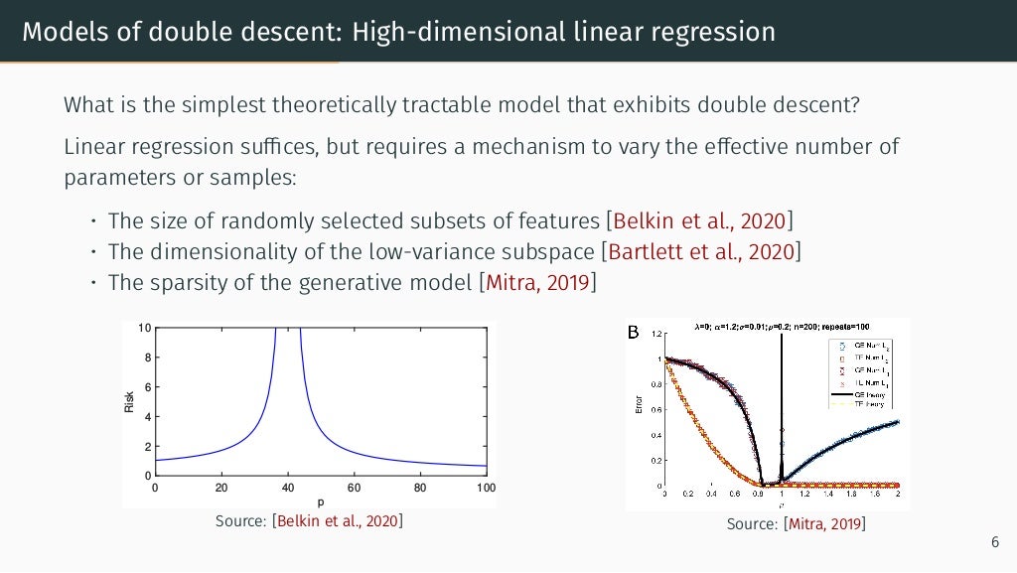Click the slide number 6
(x=995, y=542)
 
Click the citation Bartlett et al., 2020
(x=703, y=251)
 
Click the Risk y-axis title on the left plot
(x=129, y=401)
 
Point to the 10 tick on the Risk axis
(x=145, y=329)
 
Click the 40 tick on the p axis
(x=287, y=488)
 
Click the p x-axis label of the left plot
(x=321, y=501)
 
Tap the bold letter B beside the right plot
(x=634, y=332)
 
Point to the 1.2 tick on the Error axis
(x=656, y=333)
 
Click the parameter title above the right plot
(x=783, y=326)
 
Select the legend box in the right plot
(x=861, y=372)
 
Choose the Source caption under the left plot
(x=309, y=520)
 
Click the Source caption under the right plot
(x=796, y=523)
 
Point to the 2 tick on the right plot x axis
(x=898, y=493)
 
